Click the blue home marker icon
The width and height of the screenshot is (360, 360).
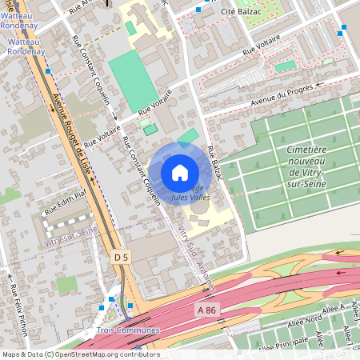pos(179,172)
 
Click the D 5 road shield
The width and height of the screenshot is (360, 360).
pos(121,257)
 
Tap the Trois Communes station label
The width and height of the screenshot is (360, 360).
pos(128,330)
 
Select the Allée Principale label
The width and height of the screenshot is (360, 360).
pos(280,343)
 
